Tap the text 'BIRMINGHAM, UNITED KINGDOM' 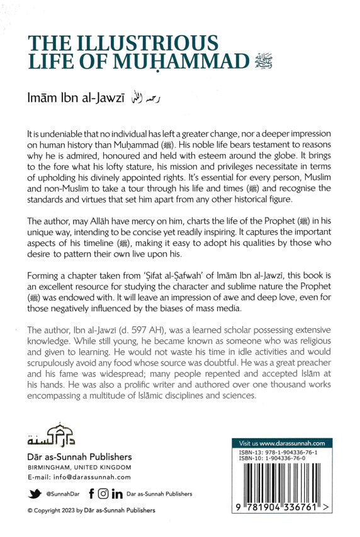point(79,467)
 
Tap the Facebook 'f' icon point(92,494)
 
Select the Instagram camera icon point(104,494)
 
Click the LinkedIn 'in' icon point(118,494)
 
